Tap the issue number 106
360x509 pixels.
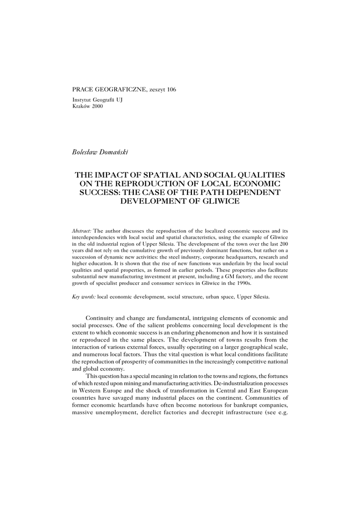point(172,89)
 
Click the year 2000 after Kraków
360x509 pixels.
point(97,106)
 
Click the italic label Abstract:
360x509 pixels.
point(82,231)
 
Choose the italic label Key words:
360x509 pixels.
point(84,297)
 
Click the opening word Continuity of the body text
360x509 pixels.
point(101,318)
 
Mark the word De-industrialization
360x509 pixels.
point(223,384)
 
